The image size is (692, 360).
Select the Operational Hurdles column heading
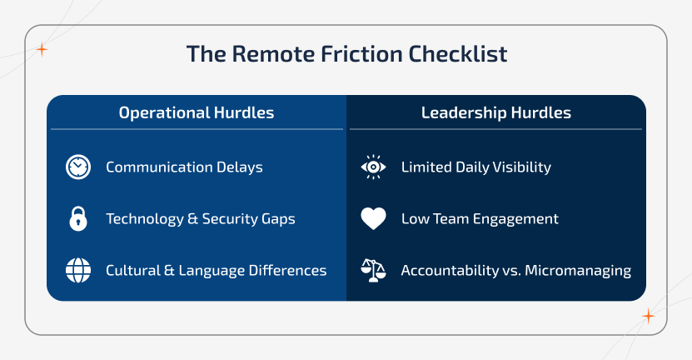pyautogui.click(x=196, y=112)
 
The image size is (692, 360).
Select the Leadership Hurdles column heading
pyautogui.click(x=495, y=112)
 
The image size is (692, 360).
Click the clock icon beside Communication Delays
pyautogui.click(x=78, y=167)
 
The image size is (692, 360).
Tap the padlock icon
pyautogui.click(x=78, y=219)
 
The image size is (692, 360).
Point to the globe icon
pyautogui.click(x=78, y=271)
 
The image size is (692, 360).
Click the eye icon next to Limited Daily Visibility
pyautogui.click(x=373, y=167)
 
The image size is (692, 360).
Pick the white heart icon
pyautogui.click(x=373, y=219)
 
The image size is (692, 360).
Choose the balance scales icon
pyautogui.click(x=373, y=270)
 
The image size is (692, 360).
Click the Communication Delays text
pyautogui.click(x=184, y=167)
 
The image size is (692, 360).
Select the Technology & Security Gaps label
pyautogui.click(x=200, y=219)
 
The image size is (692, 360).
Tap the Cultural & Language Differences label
pyautogui.click(x=216, y=271)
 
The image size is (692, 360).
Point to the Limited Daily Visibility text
pyautogui.click(x=475, y=167)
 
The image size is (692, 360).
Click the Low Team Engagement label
pyautogui.click(x=480, y=219)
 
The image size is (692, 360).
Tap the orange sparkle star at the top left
pyautogui.click(x=42, y=50)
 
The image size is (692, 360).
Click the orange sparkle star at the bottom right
pyautogui.click(x=648, y=316)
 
